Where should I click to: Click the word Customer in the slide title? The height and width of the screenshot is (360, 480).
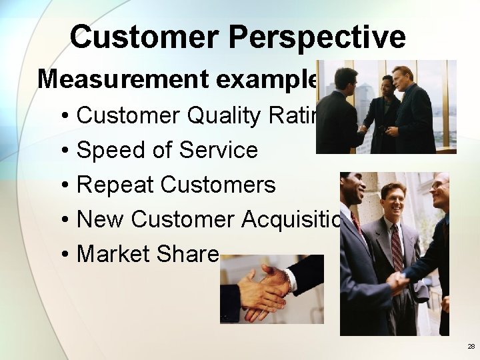click(x=145, y=37)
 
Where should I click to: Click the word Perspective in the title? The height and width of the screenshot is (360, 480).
click(x=317, y=37)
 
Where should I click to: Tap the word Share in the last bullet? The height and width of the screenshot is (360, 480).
click(x=189, y=254)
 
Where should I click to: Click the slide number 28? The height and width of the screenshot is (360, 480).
click(x=471, y=347)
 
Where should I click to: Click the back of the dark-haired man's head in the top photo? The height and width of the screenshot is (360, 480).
click(x=345, y=78)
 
